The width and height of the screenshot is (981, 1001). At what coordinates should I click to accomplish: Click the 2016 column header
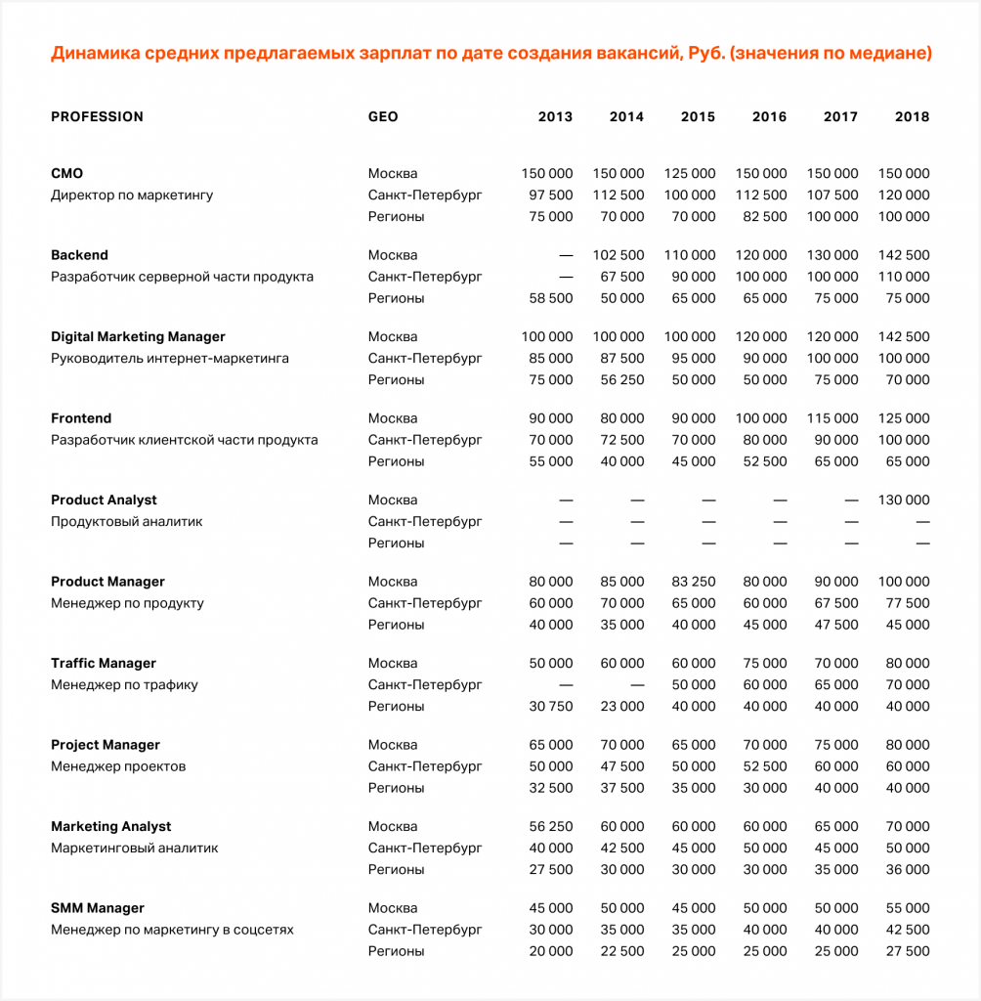tap(769, 116)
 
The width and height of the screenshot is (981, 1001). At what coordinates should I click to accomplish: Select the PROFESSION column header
tap(97, 116)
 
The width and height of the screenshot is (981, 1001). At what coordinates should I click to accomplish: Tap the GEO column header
tap(383, 116)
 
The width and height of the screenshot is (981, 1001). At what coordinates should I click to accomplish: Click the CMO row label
tap(66, 173)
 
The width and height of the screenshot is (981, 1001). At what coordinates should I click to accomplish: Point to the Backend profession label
tap(79, 255)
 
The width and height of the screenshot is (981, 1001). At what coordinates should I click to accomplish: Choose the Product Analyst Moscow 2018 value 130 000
tap(904, 500)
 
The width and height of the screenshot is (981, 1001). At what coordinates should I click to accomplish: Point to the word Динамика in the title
tap(94, 53)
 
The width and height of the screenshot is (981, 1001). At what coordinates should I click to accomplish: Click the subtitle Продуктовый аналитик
tap(127, 521)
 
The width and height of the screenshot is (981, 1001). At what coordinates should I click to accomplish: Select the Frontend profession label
tap(81, 418)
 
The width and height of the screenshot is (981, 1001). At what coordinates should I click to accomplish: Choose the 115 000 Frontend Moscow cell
tap(832, 418)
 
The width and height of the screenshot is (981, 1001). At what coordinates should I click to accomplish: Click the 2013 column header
tap(555, 116)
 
